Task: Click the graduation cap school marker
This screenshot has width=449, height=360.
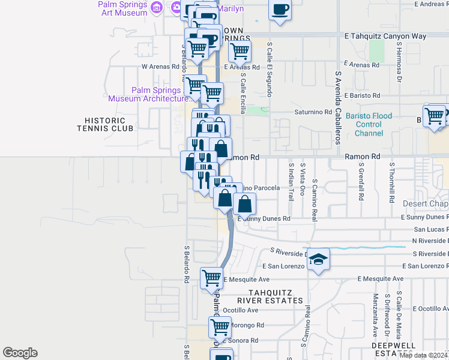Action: (x=319, y=259)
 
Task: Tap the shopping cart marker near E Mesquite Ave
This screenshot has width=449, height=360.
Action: (x=211, y=278)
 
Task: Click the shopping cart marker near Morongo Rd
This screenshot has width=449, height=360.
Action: (x=220, y=328)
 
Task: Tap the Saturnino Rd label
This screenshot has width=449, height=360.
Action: (x=312, y=112)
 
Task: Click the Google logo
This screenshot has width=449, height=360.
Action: (x=20, y=353)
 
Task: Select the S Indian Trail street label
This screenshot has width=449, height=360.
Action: (x=291, y=179)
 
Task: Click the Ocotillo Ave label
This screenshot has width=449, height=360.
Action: (x=240, y=310)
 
